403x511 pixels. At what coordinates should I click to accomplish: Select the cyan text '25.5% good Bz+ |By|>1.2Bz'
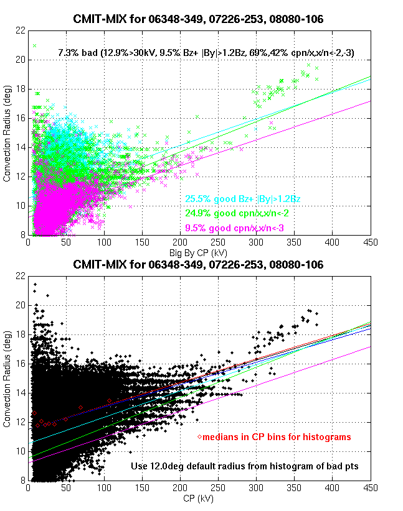point(243,200)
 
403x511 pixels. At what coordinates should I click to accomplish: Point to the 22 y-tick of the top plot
point(21,30)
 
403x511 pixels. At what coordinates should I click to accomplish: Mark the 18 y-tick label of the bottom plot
point(21,334)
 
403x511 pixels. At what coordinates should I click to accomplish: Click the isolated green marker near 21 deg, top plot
point(35,45)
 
